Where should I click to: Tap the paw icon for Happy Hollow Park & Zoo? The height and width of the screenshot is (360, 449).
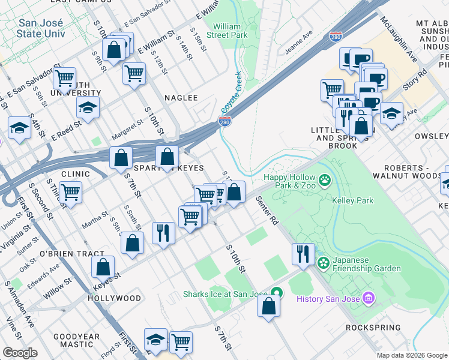[325, 179]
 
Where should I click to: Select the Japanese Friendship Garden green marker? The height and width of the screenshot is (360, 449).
[324, 262]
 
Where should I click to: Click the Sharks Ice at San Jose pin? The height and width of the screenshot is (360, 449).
[276, 293]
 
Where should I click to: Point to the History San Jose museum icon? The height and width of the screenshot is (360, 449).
[369, 299]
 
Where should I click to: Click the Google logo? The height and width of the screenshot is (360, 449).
[20, 352]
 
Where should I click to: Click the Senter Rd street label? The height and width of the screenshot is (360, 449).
[268, 210]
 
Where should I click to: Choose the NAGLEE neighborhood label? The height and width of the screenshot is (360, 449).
[181, 97]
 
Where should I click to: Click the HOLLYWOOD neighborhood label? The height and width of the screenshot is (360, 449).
[115, 298]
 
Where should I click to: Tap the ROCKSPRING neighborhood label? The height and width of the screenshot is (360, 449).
[373, 328]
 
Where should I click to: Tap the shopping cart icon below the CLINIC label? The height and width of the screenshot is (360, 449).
[71, 193]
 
